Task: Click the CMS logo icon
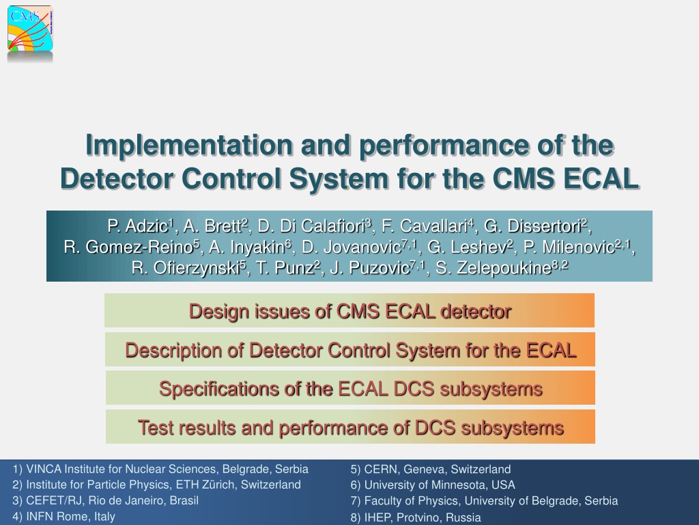point(30,28)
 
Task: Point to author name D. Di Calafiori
point(314,226)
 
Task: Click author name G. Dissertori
point(535,226)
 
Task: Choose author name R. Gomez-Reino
point(131,247)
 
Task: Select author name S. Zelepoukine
point(502,268)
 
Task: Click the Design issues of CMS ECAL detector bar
point(349,311)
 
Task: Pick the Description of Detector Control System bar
point(350,349)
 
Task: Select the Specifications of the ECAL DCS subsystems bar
point(350,388)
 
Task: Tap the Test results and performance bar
point(350,427)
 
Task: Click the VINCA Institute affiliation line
point(160,469)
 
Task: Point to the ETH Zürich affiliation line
point(156,485)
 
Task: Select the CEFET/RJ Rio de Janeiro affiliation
point(106,500)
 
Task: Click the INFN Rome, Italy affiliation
point(63,517)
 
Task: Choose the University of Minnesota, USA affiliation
point(433,485)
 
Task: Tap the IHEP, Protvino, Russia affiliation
point(416,517)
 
